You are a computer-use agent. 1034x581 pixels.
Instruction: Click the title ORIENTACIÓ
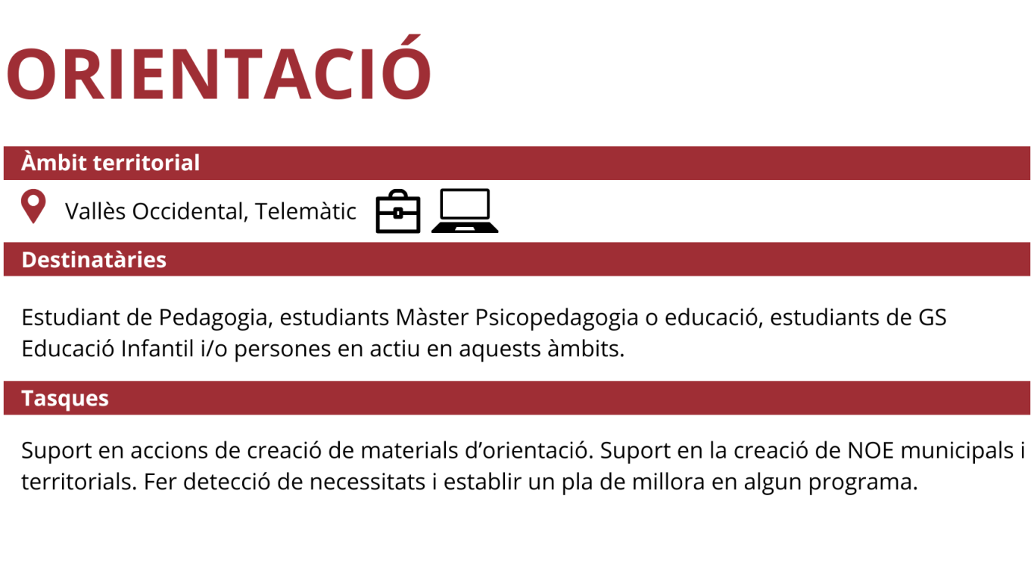point(219,67)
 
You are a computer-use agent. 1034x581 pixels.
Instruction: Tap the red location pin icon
point(33,206)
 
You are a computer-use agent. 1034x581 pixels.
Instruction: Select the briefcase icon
point(398,211)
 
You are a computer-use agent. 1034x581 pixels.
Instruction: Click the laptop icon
point(465,210)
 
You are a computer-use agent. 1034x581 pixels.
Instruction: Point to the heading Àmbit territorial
point(111,163)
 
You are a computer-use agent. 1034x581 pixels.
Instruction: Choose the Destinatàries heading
point(94,259)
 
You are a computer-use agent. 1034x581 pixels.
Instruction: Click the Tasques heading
point(65,399)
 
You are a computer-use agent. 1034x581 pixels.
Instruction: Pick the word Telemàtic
point(305,211)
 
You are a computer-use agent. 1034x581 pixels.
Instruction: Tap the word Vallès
point(95,211)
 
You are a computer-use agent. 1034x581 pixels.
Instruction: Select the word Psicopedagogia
point(556,318)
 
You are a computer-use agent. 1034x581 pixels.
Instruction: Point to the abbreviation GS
point(933,318)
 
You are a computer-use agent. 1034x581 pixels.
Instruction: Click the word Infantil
point(157,349)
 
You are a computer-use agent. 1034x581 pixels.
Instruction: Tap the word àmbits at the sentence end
point(586,349)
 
